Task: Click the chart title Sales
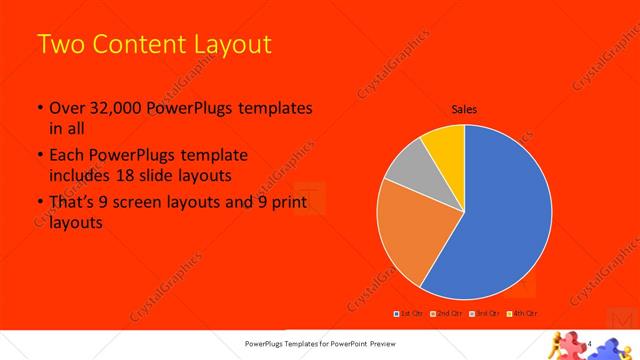coord(463,109)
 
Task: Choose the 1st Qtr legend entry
coord(411,314)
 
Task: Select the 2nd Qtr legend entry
coord(445,314)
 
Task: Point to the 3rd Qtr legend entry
coord(483,314)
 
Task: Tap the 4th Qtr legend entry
coord(520,314)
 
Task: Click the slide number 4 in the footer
coord(592,344)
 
